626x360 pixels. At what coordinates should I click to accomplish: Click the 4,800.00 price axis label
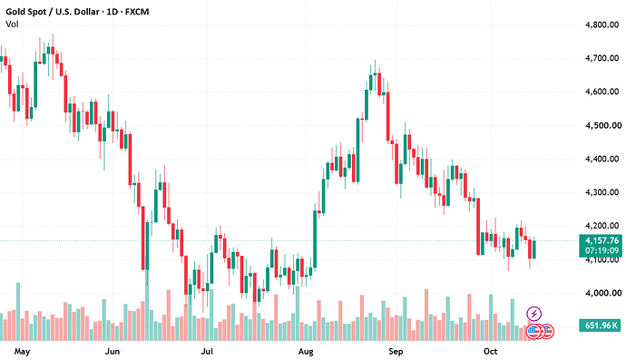(602, 24)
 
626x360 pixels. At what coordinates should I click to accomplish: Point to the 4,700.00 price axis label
(602, 58)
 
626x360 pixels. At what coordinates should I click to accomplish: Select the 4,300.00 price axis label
(602, 192)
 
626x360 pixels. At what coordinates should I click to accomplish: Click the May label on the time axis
(22, 352)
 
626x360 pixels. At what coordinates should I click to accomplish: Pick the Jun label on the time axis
(112, 352)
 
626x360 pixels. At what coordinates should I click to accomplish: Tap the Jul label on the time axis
(207, 352)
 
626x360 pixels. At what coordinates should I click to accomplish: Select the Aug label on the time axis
(306, 352)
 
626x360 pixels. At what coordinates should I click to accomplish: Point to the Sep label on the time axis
(396, 352)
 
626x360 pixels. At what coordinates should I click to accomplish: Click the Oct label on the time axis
(490, 352)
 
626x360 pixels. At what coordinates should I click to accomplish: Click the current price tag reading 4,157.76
(602, 240)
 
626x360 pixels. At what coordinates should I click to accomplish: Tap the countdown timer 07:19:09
(602, 250)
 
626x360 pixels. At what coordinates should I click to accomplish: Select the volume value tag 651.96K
(601, 326)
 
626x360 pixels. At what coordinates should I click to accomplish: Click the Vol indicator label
(12, 24)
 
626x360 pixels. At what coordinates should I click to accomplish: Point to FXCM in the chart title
(137, 12)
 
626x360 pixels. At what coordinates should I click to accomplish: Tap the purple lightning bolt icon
(534, 314)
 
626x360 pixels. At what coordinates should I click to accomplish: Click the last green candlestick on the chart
(534, 249)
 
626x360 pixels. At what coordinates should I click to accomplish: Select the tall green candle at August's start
(315, 238)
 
